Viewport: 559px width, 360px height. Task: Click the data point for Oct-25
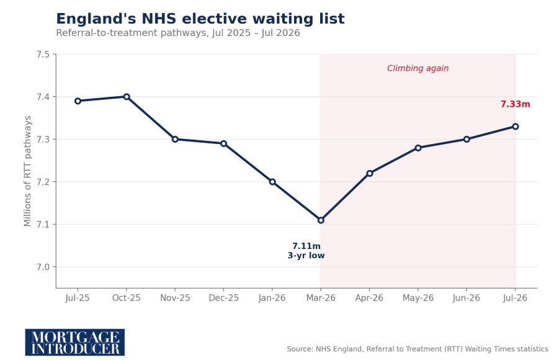click(x=126, y=97)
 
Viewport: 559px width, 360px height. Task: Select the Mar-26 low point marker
click(x=321, y=220)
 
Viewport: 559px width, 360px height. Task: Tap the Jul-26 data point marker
click(x=515, y=126)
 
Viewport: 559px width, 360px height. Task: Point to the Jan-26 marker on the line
click(x=272, y=182)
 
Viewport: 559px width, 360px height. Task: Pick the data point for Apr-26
click(x=369, y=173)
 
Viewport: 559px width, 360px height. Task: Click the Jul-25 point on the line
click(x=78, y=101)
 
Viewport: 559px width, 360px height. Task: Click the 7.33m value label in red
click(x=515, y=104)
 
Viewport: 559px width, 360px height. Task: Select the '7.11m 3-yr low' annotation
click(x=306, y=251)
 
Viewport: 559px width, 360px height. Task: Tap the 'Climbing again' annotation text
click(x=418, y=68)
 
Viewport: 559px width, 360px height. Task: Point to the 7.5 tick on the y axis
click(x=43, y=55)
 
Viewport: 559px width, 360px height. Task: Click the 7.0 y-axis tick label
click(x=43, y=267)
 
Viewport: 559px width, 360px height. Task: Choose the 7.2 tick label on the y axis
click(x=43, y=182)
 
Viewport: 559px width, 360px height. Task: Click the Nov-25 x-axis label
click(x=175, y=298)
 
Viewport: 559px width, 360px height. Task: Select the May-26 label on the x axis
click(x=418, y=298)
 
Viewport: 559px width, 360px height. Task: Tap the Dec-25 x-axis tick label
click(x=223, y=298)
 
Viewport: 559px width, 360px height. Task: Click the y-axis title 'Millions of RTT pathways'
click(x=27, y=171)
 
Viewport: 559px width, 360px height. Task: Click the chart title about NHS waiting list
click(x=200, y=19)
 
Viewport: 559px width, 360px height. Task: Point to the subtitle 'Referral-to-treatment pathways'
click(x=178, y=33)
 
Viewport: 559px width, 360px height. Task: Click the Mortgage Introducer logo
click(x=75, y=342)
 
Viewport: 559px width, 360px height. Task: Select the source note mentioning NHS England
click(x=418, y=349)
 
